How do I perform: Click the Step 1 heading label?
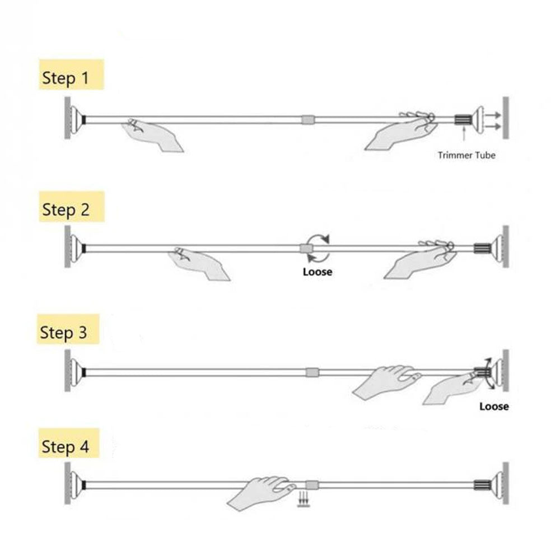tap(66, 78)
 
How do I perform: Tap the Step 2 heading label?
tap(66, 209)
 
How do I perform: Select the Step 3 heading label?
tap(64, 333)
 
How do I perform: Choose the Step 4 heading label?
tap(66, 446)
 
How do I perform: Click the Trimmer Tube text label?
tap(466, 155)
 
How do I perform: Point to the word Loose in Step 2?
tap(318, 272)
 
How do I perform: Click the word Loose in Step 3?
tap(494, 407)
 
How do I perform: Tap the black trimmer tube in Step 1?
tap(463, 119)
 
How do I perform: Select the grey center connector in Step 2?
tap(306, 248)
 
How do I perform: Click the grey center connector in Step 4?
tap(311, 485)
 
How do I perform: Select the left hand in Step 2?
tap(199, 263)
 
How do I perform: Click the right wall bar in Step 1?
tap(506, 118)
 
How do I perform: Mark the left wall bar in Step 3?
tap(68, 371)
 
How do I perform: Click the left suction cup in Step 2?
tap(76, 248)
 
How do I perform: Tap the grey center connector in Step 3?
tap(312, 372)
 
